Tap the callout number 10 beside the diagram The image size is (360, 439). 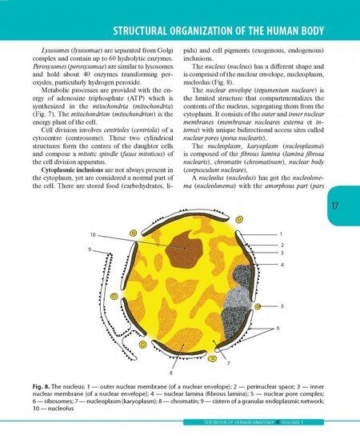(94, 235)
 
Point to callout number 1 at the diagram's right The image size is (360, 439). (280, 233)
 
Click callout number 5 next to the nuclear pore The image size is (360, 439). (280, 305)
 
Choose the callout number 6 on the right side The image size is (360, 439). (278, 329)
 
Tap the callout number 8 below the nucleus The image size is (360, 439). (170, 372)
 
